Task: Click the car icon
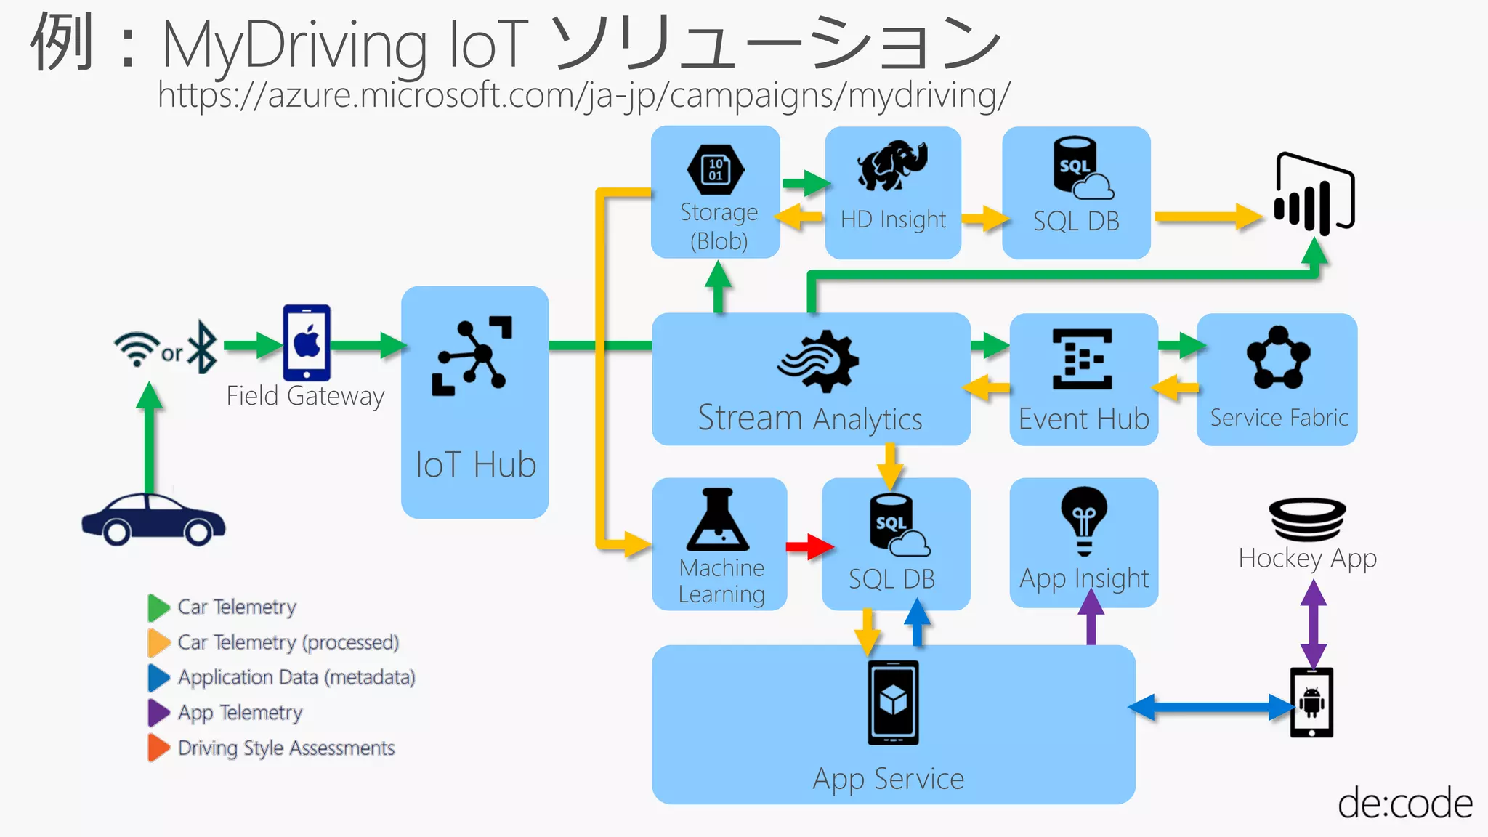[153, 519]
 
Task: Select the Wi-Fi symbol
[137, 349]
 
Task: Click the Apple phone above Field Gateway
[307, 342]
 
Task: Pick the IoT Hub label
[476, 465]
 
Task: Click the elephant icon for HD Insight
[892, 166]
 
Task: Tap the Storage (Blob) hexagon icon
[716, 170]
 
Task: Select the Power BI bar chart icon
[1313, 195]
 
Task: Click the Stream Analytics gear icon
[818, 361]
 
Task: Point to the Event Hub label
[1083, 419]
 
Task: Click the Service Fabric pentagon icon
[1278, 358]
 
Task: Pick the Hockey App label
[1307, 558]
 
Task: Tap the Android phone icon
[1311, 703]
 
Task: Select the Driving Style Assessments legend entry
[286, 748]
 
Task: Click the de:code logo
[1404, 804]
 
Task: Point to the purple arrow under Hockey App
[1313, 624]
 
